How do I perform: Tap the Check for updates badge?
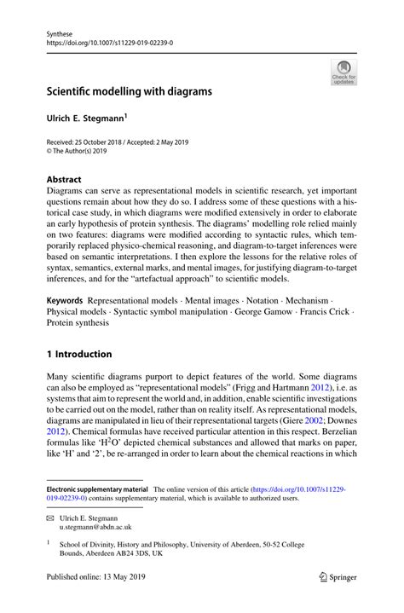point(344,72)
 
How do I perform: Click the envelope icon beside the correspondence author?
point(50,518)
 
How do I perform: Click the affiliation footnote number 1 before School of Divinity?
point(50,542)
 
